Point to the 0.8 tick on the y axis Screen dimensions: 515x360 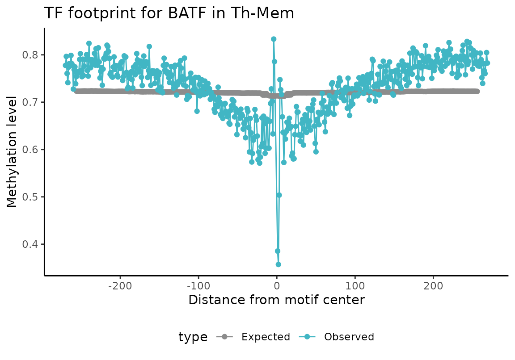pos(30,55)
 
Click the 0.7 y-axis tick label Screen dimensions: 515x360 pos(30,102)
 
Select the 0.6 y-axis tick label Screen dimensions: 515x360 pos(30,150)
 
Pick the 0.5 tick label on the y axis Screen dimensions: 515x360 pos(30,197)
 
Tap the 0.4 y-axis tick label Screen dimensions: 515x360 pos(30,244)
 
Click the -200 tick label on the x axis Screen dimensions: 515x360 pos(120,286)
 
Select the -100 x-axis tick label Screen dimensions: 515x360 pos(198,286)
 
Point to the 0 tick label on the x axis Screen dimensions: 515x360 pos(277,286)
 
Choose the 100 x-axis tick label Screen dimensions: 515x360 pos(355,286)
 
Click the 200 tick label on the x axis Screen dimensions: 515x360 pos(434,286)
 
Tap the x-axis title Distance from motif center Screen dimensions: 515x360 pos(277,300)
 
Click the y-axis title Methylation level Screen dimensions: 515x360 pos(12,151)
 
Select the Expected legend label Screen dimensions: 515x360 pos(266,337)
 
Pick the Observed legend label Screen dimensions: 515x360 pos(349,337)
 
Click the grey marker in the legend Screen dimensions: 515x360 pos(225,337)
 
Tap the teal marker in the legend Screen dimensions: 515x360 pos(308,337)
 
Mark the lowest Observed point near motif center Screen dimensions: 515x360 pos(278,264)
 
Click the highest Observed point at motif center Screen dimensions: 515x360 pos(274,39)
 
